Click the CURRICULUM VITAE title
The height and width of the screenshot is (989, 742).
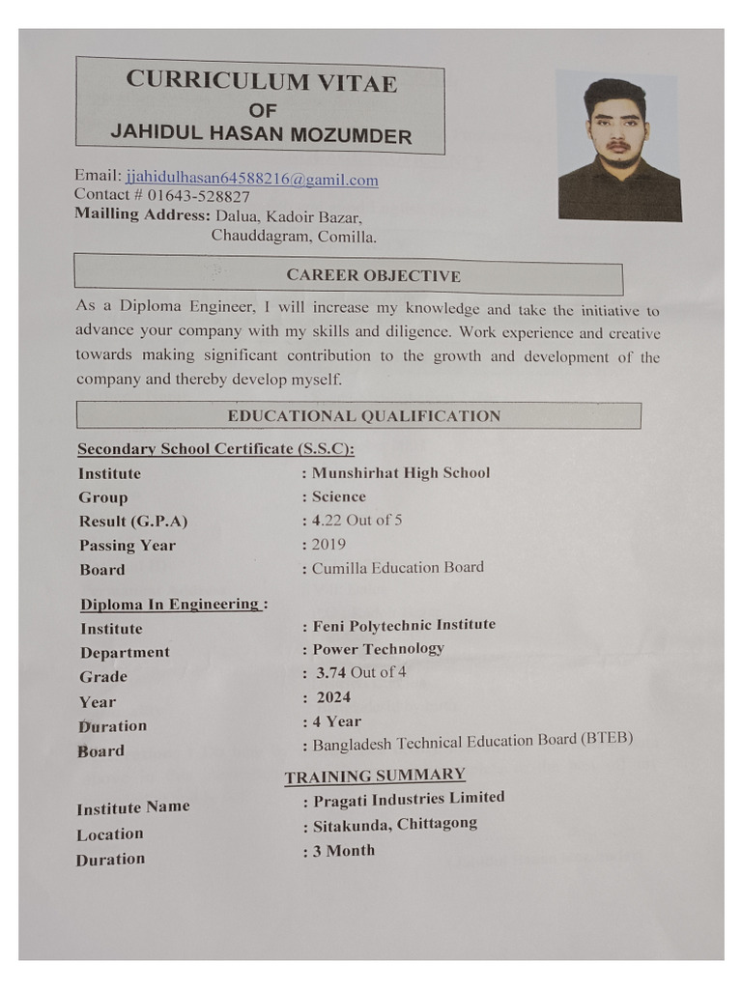point(261,82)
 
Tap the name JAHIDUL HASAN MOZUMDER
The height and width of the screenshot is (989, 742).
point(261,134)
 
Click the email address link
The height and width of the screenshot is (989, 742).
point(251,179)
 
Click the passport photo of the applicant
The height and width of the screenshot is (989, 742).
point(619,150)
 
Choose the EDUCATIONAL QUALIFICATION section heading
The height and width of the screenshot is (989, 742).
point(363,416)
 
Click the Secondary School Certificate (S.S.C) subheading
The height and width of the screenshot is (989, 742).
point(215,448)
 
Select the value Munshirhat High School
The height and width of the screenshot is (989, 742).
point(401,472)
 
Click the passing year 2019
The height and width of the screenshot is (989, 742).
point(328,544)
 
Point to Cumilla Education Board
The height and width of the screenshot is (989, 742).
point(397,567)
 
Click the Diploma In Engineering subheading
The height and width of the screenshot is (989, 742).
point(172,605)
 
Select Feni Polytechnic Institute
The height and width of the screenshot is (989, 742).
point(404,625)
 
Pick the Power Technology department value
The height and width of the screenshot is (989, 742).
point(378,648)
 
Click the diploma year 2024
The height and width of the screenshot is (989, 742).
point(333,696)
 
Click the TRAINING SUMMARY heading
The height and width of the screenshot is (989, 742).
point(375,776)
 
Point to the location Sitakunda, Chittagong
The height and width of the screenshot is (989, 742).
point(394,825)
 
